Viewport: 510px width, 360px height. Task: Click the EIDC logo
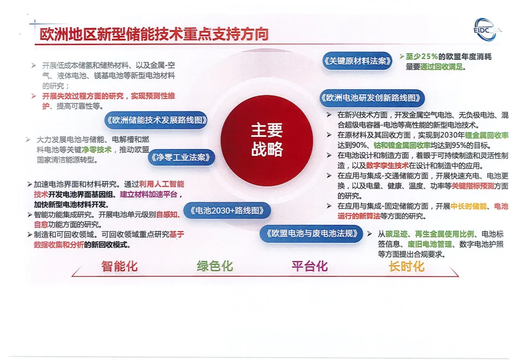click(486, 30)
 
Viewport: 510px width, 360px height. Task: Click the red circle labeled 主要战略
click(267, 140)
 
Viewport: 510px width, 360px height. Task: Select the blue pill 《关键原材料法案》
click(357, 61)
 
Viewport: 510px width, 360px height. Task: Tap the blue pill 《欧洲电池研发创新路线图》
click(372, 98)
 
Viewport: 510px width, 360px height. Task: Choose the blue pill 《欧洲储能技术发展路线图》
click(156, 120)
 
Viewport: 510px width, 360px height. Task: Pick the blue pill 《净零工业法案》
click(181, 158)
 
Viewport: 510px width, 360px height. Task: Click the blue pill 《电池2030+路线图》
click(227, 210)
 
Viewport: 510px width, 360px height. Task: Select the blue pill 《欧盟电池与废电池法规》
click(311, 234)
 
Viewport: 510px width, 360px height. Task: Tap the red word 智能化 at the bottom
click(119, 266)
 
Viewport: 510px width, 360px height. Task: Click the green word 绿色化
click(215, 266)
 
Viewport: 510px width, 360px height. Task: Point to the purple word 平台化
click(309, 266)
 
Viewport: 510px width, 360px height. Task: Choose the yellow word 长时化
click(406, 267)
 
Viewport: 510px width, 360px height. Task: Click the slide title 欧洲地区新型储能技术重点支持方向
click(154, 34)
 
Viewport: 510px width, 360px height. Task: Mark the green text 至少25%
click(422, 57)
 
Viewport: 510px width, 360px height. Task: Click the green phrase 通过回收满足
click(442, 67)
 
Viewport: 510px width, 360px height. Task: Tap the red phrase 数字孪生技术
click(387, 166)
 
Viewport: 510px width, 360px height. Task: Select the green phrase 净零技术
click(96, 150)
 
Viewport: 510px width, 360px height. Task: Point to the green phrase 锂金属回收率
click(486, 135)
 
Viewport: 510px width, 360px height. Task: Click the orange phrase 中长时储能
click(469, 206)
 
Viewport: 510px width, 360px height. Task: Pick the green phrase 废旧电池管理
click(429, 243)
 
